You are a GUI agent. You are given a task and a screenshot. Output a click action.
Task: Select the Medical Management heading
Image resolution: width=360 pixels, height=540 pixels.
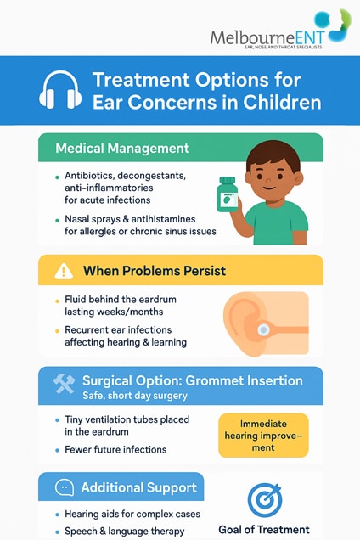(x=122, y=148)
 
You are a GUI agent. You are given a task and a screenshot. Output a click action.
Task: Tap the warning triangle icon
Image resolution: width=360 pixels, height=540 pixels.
(x=64, y=272)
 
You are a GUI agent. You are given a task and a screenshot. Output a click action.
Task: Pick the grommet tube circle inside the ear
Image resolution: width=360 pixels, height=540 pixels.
(x=265, y=329)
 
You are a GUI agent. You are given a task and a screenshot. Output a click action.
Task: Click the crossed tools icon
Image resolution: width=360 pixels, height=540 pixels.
(x=65, y=384)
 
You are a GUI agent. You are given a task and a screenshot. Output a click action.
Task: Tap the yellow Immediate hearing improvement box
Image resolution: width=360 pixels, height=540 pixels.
(x=262, y=436)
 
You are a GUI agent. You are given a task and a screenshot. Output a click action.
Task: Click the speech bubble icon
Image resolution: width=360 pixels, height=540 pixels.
(x=64, y=488)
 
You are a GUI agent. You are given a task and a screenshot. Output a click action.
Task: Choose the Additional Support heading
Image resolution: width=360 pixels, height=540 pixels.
(x=138, y=488)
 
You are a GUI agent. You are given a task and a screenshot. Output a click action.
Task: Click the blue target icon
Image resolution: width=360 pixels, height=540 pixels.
(x=263, y=499)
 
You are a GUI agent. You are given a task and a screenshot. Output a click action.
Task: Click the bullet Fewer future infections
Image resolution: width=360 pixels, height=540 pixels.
(x=115, y=449)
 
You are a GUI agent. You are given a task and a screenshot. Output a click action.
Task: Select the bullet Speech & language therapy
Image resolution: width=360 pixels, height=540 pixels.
(x=124, y=530)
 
